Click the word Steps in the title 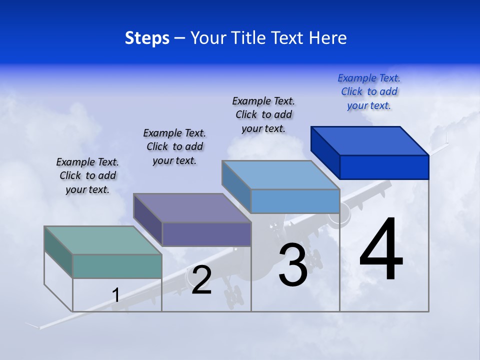pyautogui.click(x=147, y=38)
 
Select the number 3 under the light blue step pyautogui.click(x=292, y=264)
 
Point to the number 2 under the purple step pyautogui.click(x=201, y=280)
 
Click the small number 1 pyautogui.click(x=116, y=295)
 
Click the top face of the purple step pyautogui.click(x=192, y=208)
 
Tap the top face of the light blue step pyautogui.click(x=280, y=175)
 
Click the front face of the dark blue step pyautogui.click(x=384, y=167)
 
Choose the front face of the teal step pyautogui.click(x=117, y=266)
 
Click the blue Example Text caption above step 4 pyautogui.click(x=369, y=92)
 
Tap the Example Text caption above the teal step pyautogui.click(x=87, y=175)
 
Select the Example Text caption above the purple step pyautogui.click(x=174, y=146)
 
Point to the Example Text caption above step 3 pyautogui.click(x=263, y=114)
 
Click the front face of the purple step pyautogui.click(x=206, y=234)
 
